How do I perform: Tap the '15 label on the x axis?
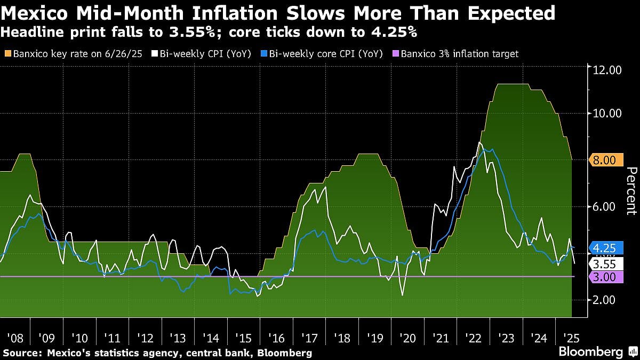point(244,338)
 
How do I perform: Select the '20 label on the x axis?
point(407,338)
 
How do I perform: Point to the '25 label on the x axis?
point(571,338)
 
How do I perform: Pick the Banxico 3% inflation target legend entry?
point(455,54)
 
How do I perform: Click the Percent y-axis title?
point(631,190)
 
